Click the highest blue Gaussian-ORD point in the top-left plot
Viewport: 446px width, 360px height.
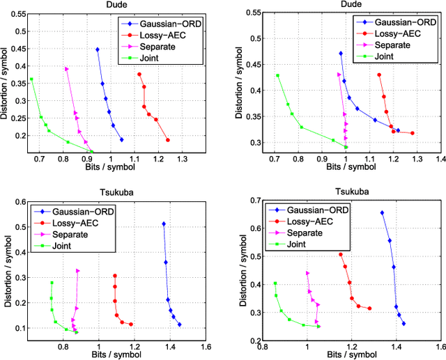[98, 49]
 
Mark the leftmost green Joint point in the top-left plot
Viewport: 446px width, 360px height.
[31, 79]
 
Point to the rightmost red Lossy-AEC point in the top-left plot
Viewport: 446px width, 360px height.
[168, 140]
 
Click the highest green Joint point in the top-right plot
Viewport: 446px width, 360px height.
[277, 75]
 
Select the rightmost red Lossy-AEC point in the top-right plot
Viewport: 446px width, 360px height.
[413, 133]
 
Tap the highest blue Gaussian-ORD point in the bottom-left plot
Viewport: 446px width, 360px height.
[164, 224]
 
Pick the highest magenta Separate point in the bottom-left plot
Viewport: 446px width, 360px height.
[78, 271]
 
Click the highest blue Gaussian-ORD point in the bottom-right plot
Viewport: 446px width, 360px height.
[382, 213]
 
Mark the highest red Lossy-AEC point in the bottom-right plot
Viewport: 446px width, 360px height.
[341, 255]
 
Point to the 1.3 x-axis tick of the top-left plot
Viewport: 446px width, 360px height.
[183, 159]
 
